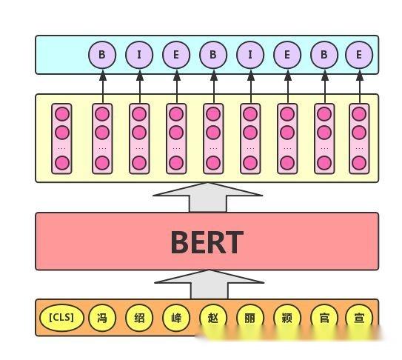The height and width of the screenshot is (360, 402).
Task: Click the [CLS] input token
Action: coord(62,318)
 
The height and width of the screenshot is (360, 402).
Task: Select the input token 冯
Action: coord(102,318)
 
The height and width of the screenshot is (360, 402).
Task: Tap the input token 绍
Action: coord(139,318)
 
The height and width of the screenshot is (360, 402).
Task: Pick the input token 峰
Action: coord(176,318)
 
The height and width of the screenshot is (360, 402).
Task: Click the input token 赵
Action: coord(213,318)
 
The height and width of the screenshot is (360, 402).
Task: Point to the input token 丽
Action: coord(250,318)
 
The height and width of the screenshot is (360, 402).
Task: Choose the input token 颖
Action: coord(287,318)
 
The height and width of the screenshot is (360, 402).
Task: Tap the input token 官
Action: coord(324,318)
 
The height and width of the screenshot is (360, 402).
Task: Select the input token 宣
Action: coord(359,318)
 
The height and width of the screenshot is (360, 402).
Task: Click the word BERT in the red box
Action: coord(207,241)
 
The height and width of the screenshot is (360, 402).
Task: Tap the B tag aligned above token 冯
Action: coord(102,54)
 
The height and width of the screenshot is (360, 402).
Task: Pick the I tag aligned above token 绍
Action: coord(139,54)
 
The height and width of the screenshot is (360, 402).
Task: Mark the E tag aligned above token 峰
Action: coord(176,54)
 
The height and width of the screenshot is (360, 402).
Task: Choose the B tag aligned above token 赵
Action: coord(213,54)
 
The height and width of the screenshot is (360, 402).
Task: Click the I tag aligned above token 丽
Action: coord(250,54)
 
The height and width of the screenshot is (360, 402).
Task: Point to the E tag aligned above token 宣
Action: coord(359,54)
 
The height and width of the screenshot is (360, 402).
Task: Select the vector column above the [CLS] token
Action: coord(62,139)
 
